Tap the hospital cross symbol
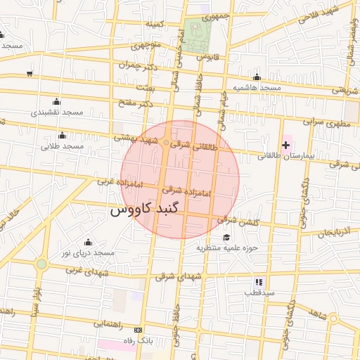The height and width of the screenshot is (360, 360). click(285, 146)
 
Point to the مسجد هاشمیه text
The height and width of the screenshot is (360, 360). click(257, 88)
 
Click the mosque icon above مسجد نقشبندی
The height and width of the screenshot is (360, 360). click(56, 102)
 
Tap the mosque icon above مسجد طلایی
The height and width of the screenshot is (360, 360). click(62, 136)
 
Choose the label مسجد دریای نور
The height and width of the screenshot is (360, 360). click(88, 252)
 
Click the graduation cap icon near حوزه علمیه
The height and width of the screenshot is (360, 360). click(226, 238)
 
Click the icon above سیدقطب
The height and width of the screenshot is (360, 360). click(258, 281)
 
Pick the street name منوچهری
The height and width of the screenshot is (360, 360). click(148, 46)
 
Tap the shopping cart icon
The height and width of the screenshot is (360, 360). click(29, 73)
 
